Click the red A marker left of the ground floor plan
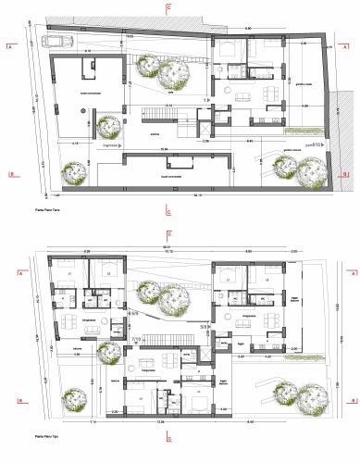coord(7,44)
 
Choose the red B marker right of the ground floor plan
coord(344,173)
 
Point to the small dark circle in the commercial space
coord(82,109)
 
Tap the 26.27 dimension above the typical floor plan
coord(168,247)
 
